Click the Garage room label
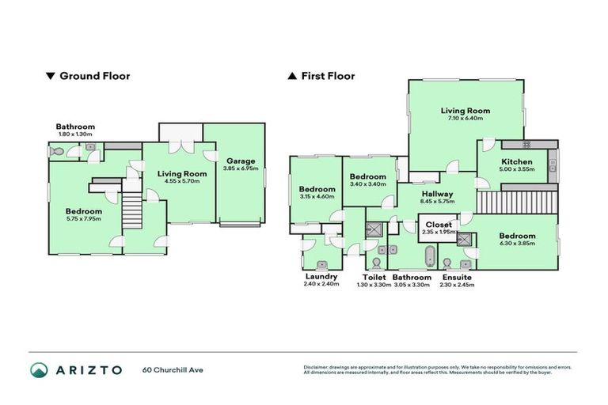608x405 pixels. tap(241, 161)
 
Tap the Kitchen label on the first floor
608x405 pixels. tap(516, 162)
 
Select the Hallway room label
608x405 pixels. tap(437, 194)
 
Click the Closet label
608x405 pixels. tap(439, 225)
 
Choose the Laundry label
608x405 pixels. tap(321, 277)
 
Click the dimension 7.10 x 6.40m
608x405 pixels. tap(465, 119)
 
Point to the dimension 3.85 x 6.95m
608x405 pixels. tap(241, 169)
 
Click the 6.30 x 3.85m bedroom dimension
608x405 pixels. tap(516, 244)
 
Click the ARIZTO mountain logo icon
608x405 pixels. tap(39, 369)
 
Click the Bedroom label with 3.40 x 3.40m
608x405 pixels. tap(368, 177)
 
